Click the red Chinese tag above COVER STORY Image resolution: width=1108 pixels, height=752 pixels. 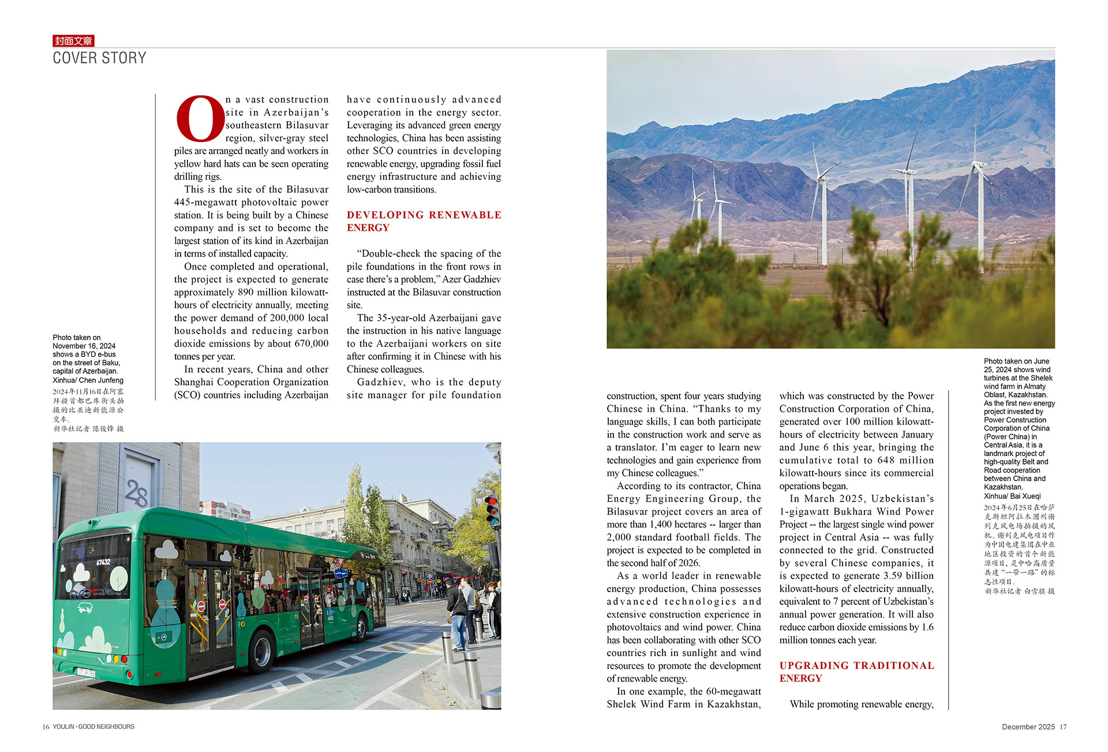pos(73,41)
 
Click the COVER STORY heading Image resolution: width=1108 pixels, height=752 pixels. pos(99,58)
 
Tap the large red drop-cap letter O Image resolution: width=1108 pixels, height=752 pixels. pos(200,119)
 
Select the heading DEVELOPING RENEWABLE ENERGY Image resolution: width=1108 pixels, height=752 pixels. pos(424,221)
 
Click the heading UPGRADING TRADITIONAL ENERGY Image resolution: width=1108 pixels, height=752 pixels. pos(856,672)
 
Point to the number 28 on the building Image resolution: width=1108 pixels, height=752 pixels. pos(137,493)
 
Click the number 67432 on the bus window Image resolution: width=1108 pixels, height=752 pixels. pos(103,562)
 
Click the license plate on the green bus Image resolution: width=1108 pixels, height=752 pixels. pos(86,672)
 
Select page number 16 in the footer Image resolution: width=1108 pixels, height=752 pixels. pos(46,727)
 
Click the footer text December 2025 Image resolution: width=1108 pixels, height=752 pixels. pos(1028,727)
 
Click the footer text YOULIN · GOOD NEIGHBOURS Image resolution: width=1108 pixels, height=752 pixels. pos(93,727)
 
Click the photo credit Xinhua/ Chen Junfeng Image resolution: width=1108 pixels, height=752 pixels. pos(88,380)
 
